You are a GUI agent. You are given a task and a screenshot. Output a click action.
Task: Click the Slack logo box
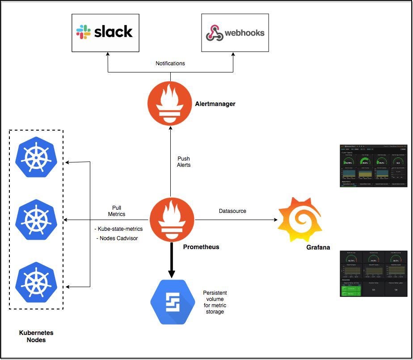tap(105, 33)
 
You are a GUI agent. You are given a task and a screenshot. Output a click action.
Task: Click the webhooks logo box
tap(235, 33)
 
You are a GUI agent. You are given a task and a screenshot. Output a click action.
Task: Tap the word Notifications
tap(170, 64)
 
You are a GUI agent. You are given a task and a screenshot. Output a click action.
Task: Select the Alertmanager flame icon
tap(170, 104)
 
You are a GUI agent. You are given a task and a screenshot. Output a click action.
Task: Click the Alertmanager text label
tap(215, 104)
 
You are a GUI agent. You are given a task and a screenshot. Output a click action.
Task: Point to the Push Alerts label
tap(183, 161)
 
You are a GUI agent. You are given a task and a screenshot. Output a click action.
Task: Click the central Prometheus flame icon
tap(170, 220)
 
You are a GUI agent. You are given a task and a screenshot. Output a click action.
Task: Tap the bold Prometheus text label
tap(201, 247)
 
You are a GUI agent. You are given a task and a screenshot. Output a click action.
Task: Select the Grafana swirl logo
tap(299, 220)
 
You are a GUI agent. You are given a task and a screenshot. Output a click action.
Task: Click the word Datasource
tap(232, 211)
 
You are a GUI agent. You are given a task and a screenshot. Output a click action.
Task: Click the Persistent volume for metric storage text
tap(215, 301)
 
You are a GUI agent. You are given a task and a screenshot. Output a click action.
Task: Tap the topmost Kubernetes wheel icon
tap(35, 158)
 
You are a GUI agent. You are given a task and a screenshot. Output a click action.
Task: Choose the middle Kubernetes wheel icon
tap(35, 220)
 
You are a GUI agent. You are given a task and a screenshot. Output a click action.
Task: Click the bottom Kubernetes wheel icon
tap(35, 282)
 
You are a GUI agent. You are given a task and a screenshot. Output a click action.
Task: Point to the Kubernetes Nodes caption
tap(36, 336)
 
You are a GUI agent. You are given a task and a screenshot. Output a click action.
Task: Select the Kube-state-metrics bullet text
tap(118, 229)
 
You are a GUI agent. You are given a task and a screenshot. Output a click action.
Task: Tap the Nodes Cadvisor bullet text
tap(117, 238)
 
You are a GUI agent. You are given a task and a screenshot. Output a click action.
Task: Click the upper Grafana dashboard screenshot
tap(373, 165)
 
